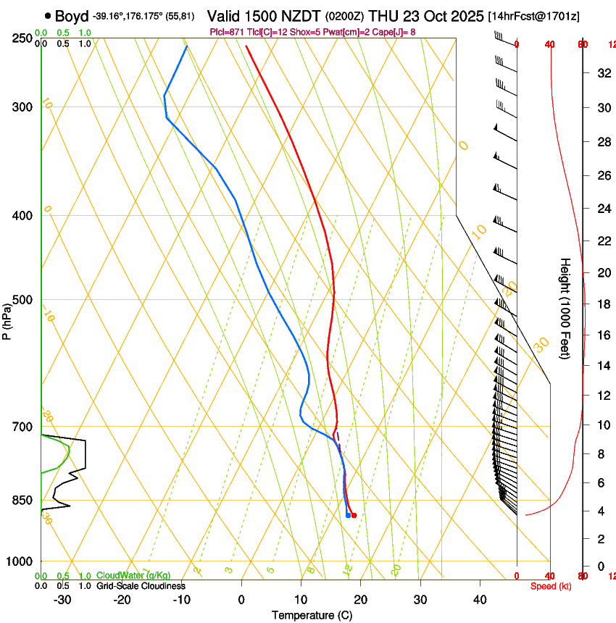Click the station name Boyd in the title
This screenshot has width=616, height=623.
72,16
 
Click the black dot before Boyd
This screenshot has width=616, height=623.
48,15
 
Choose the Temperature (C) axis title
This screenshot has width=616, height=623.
312,616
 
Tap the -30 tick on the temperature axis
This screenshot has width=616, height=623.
62,600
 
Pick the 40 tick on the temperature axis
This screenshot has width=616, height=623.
480,600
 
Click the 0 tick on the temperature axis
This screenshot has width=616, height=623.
242,600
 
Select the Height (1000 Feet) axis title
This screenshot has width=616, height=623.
565,308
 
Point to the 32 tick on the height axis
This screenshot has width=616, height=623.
602,72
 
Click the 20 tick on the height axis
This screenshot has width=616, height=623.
602,272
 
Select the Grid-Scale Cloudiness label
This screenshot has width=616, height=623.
141,586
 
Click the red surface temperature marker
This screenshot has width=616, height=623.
354,515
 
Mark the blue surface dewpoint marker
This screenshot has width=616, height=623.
349,515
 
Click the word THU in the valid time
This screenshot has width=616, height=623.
384,16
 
